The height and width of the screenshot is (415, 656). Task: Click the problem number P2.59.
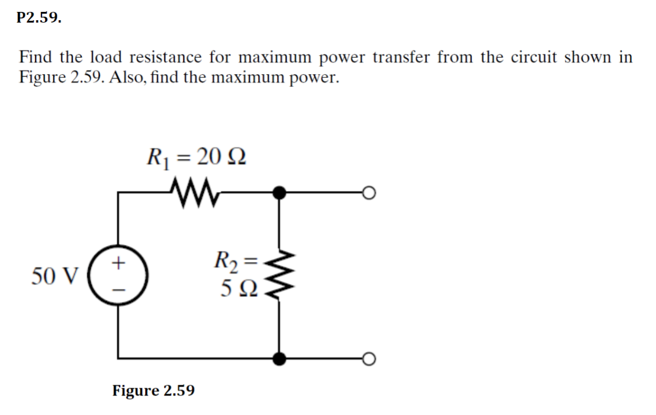[38, 18]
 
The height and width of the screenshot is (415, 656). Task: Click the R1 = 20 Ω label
[196, 157]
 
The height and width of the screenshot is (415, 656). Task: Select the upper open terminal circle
[370, 193]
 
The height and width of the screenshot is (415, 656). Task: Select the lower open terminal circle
[370, 357]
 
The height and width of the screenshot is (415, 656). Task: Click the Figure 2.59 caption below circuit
[153, 391]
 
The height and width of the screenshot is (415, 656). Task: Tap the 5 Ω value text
[240, 289]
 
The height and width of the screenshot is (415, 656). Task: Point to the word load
[106, 58]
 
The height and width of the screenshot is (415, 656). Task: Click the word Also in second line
[125, 78]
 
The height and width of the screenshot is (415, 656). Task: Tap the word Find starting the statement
[36, 58]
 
